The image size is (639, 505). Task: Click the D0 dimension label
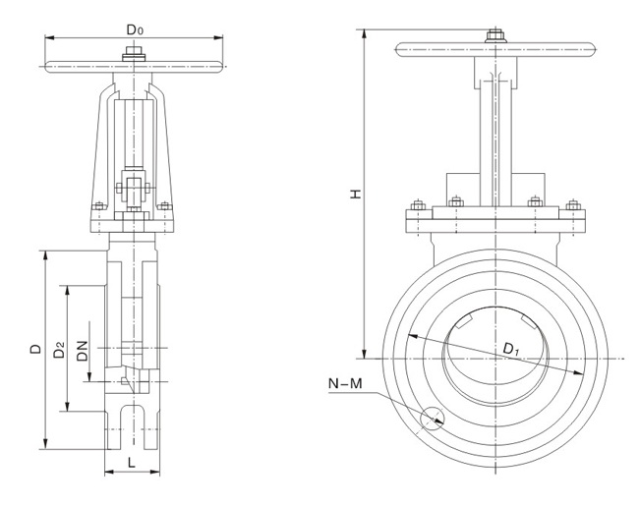click(136, 28)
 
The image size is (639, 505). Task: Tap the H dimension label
click(356, 195)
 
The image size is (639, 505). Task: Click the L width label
click(131, 461)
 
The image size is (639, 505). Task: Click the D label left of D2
click(35, 349)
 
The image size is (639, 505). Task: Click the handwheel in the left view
click(136, 66)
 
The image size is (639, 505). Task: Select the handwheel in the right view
click(494, 45)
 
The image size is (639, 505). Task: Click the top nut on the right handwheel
click(494, 37)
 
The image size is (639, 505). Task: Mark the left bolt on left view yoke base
click(98, 206)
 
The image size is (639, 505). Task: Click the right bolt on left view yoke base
click(166, 206)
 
